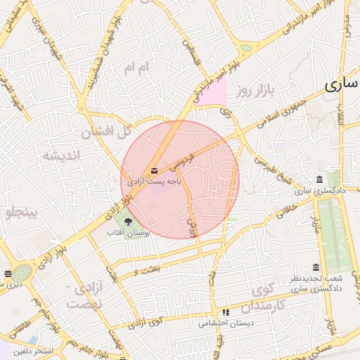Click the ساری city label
coord(342,85)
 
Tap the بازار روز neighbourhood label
coord(254,90)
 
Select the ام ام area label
coord(137,67)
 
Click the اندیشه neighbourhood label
coord(62,155)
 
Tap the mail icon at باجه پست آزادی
coord(154,171)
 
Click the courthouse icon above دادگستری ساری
coord(320,179)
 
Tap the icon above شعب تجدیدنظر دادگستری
coord(316,267)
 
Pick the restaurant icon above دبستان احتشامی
coord(226,313)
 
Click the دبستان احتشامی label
coord(223,323)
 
